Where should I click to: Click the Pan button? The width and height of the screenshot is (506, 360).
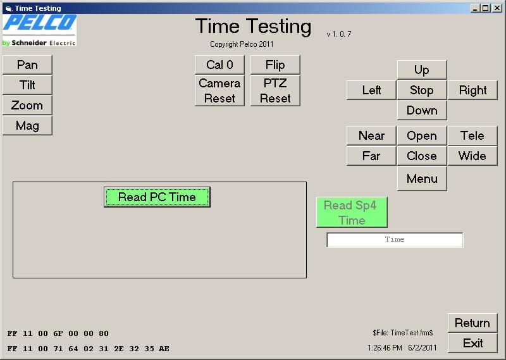(x=27, y=65)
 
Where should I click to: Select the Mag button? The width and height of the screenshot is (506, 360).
(x=27, y=126)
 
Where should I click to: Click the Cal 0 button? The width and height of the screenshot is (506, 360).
(x=219, y=65)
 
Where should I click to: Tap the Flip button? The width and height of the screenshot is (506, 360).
(x=275, y=65)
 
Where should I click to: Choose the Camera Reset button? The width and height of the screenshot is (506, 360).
(x=219, y=90)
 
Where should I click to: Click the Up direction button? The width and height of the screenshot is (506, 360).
(x=422, y=70)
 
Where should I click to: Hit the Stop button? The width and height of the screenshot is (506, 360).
(x=422, y=90)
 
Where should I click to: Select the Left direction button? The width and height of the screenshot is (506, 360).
(x=371, y=90)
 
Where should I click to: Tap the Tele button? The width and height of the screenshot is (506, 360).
(x=472, y=135)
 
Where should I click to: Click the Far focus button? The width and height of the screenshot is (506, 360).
(x=371, y=156)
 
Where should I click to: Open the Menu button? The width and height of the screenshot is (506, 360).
(x=422, y=178)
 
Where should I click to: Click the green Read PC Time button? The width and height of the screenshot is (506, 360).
(x=157, y=197)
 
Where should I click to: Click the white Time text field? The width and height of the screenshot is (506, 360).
(x=395, y=240)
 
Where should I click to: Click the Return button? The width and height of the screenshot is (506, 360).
(x=472, y=323)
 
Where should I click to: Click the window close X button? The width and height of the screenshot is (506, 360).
(x=497, y=8)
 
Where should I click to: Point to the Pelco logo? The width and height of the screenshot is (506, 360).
(x=40, y=30)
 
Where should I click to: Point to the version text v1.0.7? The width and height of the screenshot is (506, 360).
(x=339, y=34)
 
